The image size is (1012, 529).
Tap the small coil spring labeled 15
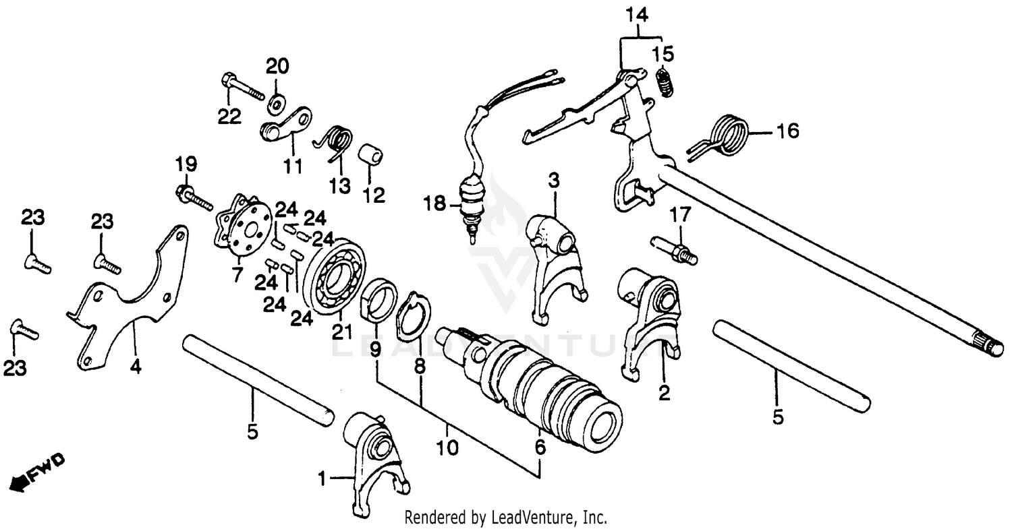tap(666, 81)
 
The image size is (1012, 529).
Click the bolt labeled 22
tap(241, 88)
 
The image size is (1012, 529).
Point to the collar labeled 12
tap(370, 156)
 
